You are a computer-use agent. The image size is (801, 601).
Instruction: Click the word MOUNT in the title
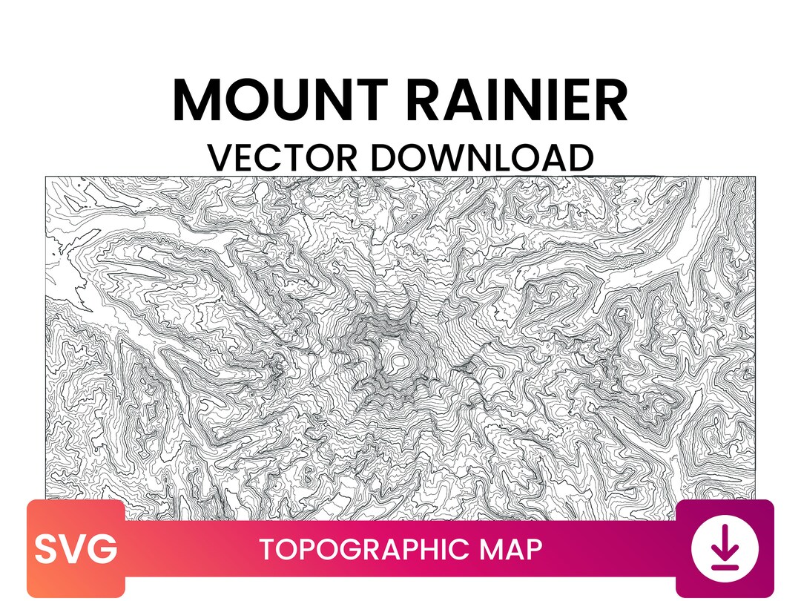click(x=279, y=100)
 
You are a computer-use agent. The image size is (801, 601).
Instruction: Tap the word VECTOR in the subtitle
click(x=282, y=157)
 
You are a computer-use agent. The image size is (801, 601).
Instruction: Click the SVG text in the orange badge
click(x=76, y=550)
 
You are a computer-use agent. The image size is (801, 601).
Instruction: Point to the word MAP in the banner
click(x=512, y=550)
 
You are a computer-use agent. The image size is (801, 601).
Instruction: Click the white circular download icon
click(x=725, y=550)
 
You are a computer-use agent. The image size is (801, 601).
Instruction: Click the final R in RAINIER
click(x=610, y=100)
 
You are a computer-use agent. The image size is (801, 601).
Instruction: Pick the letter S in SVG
click(x=47, y=550)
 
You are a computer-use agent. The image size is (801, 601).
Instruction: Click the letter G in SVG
click(x=103, y=550)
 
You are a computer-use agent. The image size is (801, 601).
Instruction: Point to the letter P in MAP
click(x=533, y=550)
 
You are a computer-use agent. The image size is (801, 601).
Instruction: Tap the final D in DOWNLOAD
click(x=581, y=157)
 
